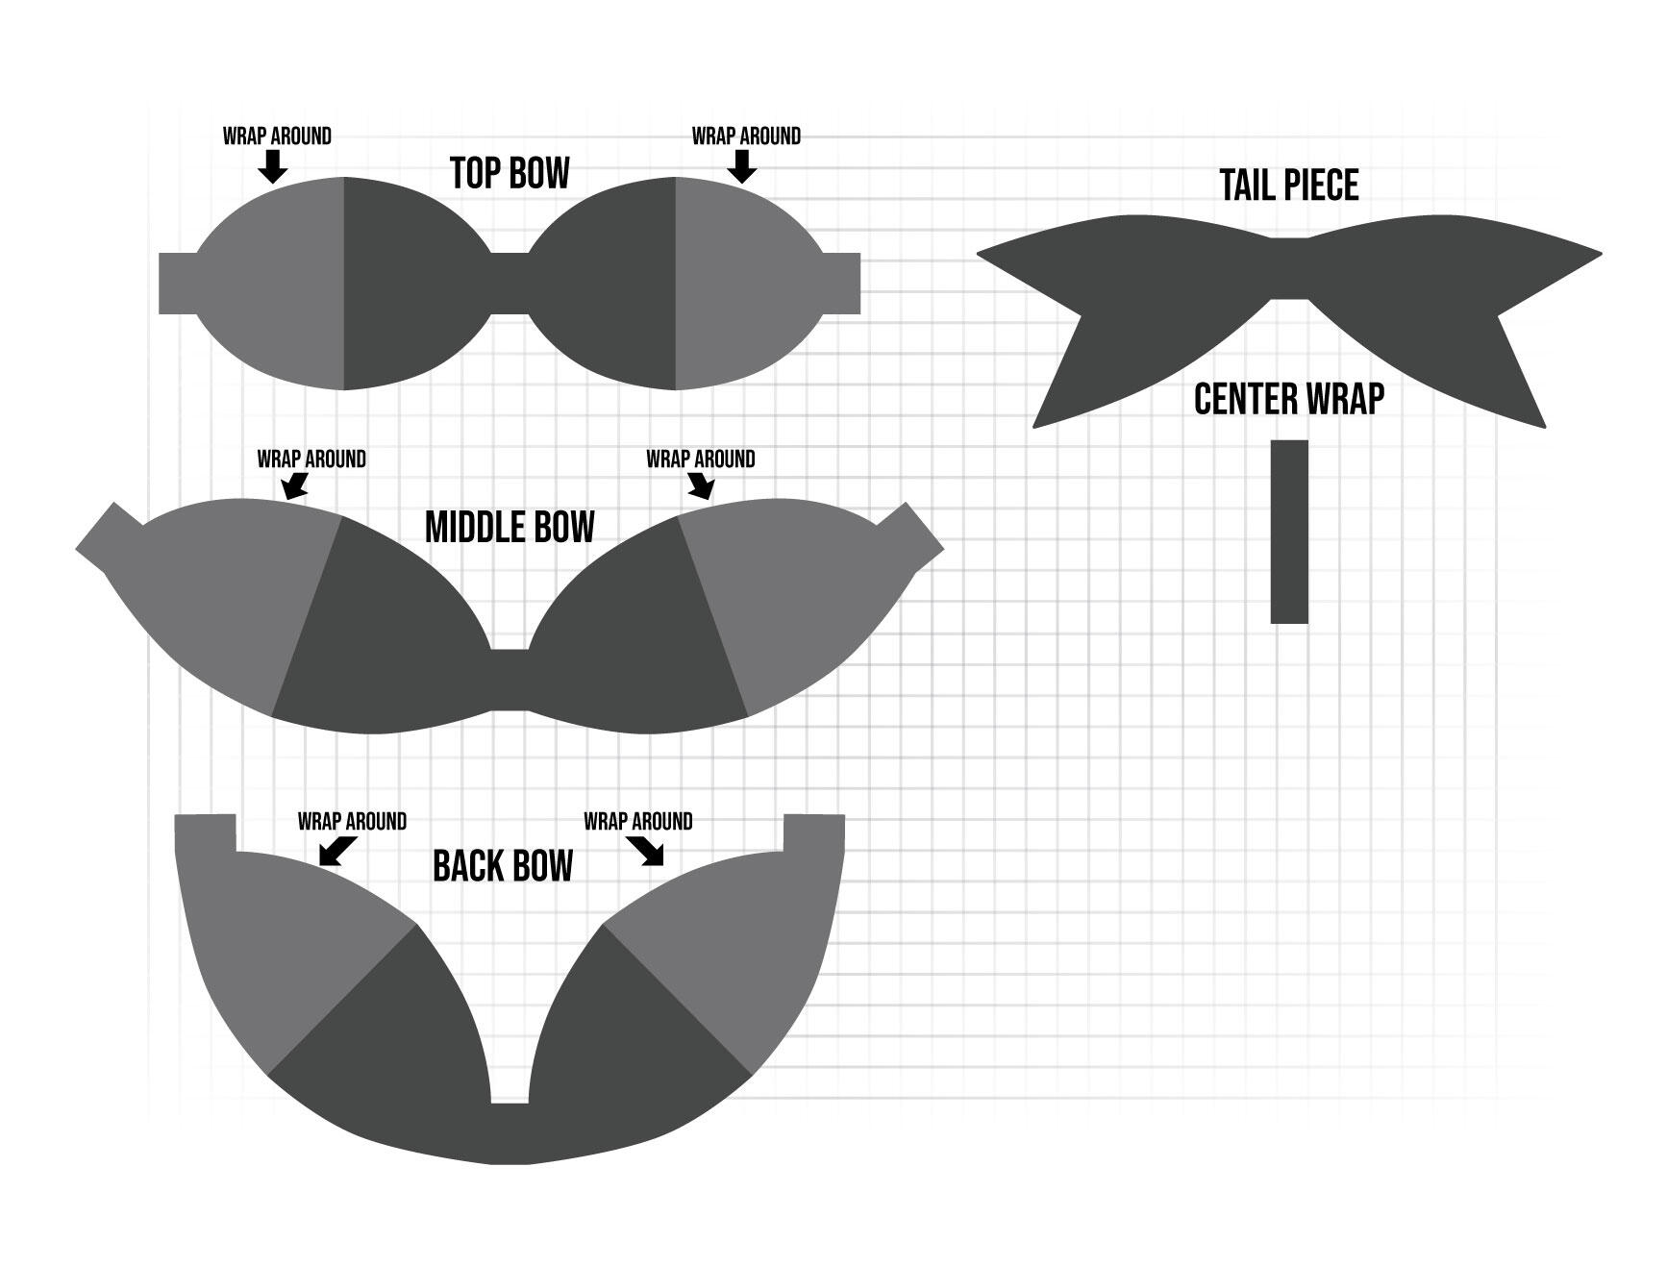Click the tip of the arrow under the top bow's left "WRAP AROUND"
[x=274, y=183]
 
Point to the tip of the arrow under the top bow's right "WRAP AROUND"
[x=742, y=183]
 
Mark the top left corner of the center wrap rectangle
[x=1271, y=440]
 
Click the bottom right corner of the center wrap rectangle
[x=1308, y=624]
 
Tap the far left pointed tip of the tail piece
[x=977, y=254]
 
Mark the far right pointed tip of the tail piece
[x=1603, y=254]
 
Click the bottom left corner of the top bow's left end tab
[x=159, y=313]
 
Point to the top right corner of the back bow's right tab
[x=844, y=815]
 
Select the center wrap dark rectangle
[x=1289, y=532]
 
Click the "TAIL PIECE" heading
[x=1289, y=186]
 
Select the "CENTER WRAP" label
[x=1289, y=399]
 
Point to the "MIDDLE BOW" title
[x=510, y=528]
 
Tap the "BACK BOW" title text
[x=503, y=866]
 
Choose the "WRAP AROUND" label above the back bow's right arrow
[x=638, y=822]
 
